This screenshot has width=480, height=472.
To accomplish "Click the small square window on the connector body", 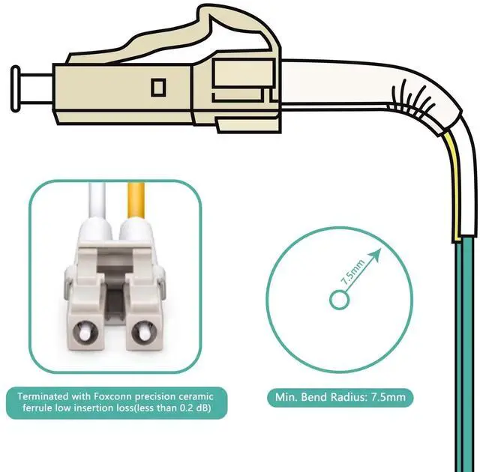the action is [158, 87].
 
